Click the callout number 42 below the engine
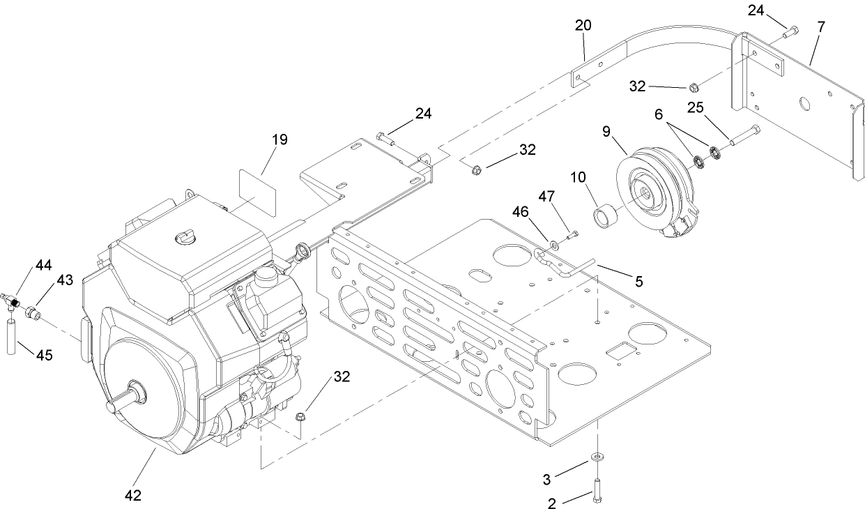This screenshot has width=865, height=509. click(132, 496)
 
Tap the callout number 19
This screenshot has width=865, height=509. click(279, 140)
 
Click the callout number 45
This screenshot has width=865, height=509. click(43, 355)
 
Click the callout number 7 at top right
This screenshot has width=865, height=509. click(821, 27)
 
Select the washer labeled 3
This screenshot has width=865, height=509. click(597, 456)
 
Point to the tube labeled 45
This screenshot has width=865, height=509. click(12, 337)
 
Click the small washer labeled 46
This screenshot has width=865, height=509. click(554, 244)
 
